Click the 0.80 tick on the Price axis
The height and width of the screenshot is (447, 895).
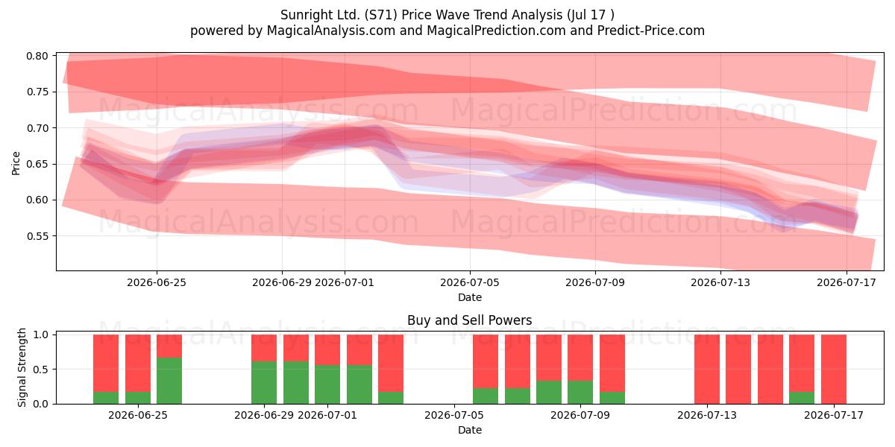(37, 56)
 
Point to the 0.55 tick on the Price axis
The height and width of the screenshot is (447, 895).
(37, 236)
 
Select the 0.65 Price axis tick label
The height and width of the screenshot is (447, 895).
(37, 164)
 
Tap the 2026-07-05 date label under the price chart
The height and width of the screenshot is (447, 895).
(470, 282)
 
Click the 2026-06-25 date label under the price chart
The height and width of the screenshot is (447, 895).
(157, 282)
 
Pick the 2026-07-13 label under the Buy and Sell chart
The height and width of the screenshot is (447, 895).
(707, 415)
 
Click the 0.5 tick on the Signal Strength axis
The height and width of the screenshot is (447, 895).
(40, 370)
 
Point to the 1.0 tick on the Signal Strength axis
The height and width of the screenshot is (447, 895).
(40, 335)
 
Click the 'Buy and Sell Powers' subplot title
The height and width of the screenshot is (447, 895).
(469, 320)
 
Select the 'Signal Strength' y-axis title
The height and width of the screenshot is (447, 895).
(22, 367)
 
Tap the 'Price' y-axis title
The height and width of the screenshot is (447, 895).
(16, 164)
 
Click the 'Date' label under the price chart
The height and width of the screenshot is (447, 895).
(470, 297)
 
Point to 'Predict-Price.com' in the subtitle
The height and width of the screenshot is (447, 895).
(651, 31)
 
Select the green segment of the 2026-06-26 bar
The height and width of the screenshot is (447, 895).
(169, 381)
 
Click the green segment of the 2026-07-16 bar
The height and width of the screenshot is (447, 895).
(802, 398)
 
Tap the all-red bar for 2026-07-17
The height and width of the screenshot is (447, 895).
(834, 370)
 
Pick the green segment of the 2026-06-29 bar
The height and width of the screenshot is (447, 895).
(264, 383)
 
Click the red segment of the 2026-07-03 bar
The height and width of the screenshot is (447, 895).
(391, 364)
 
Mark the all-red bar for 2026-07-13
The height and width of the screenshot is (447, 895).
(707, 370)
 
